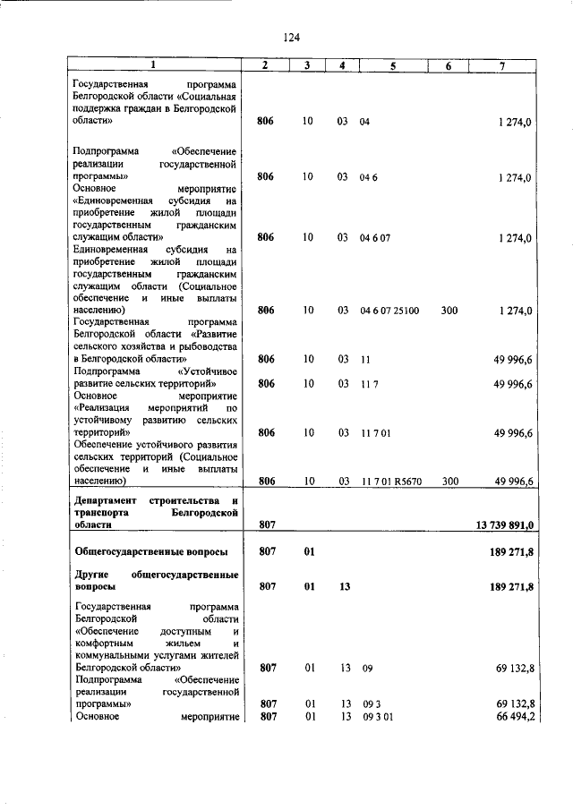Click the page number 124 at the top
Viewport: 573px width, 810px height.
291,37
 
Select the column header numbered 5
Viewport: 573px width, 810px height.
392,66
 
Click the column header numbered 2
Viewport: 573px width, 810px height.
265,66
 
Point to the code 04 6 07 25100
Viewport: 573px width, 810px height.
389,311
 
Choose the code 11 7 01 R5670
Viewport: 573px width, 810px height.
390,481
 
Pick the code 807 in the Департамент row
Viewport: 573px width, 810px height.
265,524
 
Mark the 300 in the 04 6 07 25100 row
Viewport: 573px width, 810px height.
449,311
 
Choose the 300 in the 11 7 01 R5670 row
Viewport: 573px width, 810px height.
449,481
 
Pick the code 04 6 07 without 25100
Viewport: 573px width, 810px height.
376,237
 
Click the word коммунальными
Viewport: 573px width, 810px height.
116,655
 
